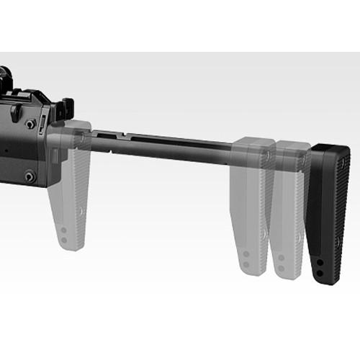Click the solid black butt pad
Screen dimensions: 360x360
[x=328, y=209]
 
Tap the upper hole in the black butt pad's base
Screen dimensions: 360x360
[x=318, y=264]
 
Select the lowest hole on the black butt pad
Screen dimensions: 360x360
[x=318, y=275]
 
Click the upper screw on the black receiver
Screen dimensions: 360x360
[x=30, y=124]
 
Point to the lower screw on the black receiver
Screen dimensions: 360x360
[x=30, y=175]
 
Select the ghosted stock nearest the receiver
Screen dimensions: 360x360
[x=73, y=187]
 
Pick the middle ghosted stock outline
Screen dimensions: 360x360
[x=250, y=202]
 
